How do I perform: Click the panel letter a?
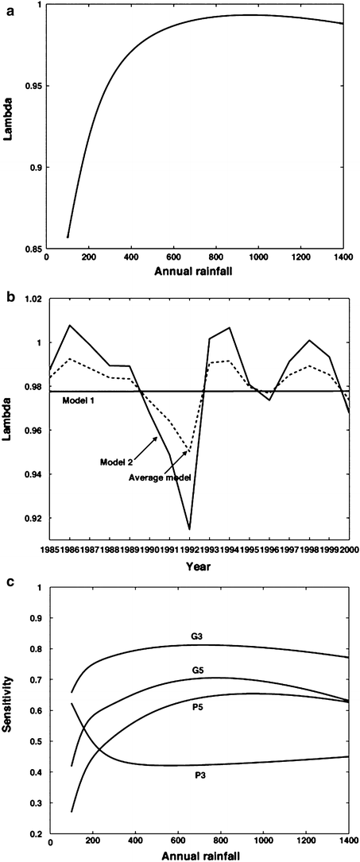click(x=10, y=10)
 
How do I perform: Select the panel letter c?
click(x=10, y=579)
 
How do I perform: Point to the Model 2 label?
click(x=115, y=462)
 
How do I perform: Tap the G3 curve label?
click(x=196, y=614)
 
